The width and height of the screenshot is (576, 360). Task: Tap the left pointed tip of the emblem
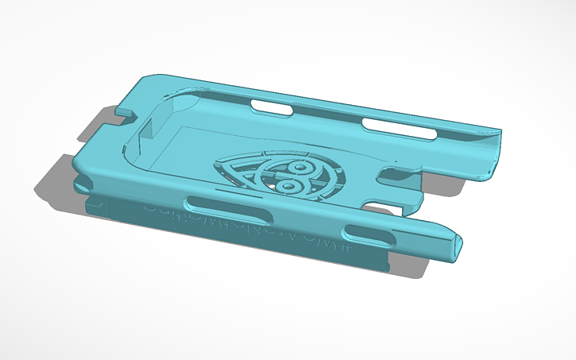216,167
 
